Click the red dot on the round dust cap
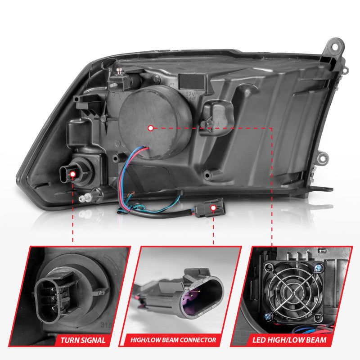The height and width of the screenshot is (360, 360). click(151, 128)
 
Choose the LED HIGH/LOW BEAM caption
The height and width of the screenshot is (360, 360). click(299, 340)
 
